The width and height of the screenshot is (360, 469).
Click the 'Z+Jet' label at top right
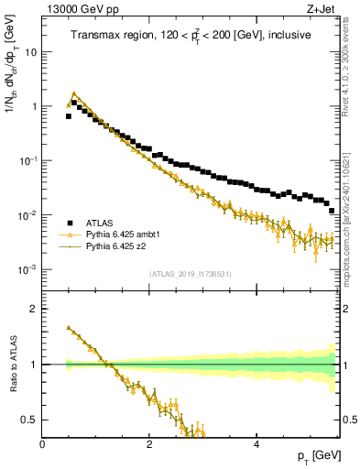pos(321,8)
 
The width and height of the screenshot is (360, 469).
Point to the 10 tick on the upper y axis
pos(31,52)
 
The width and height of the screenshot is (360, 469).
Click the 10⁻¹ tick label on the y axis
pos(27,160)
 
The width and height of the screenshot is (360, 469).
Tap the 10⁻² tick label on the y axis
pos(27,214)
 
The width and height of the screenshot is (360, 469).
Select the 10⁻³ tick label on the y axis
pos(27,269)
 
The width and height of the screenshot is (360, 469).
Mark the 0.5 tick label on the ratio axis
pos(30,420)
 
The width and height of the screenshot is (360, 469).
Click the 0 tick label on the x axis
pos(42,444)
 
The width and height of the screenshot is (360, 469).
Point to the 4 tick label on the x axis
pos(256,444)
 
